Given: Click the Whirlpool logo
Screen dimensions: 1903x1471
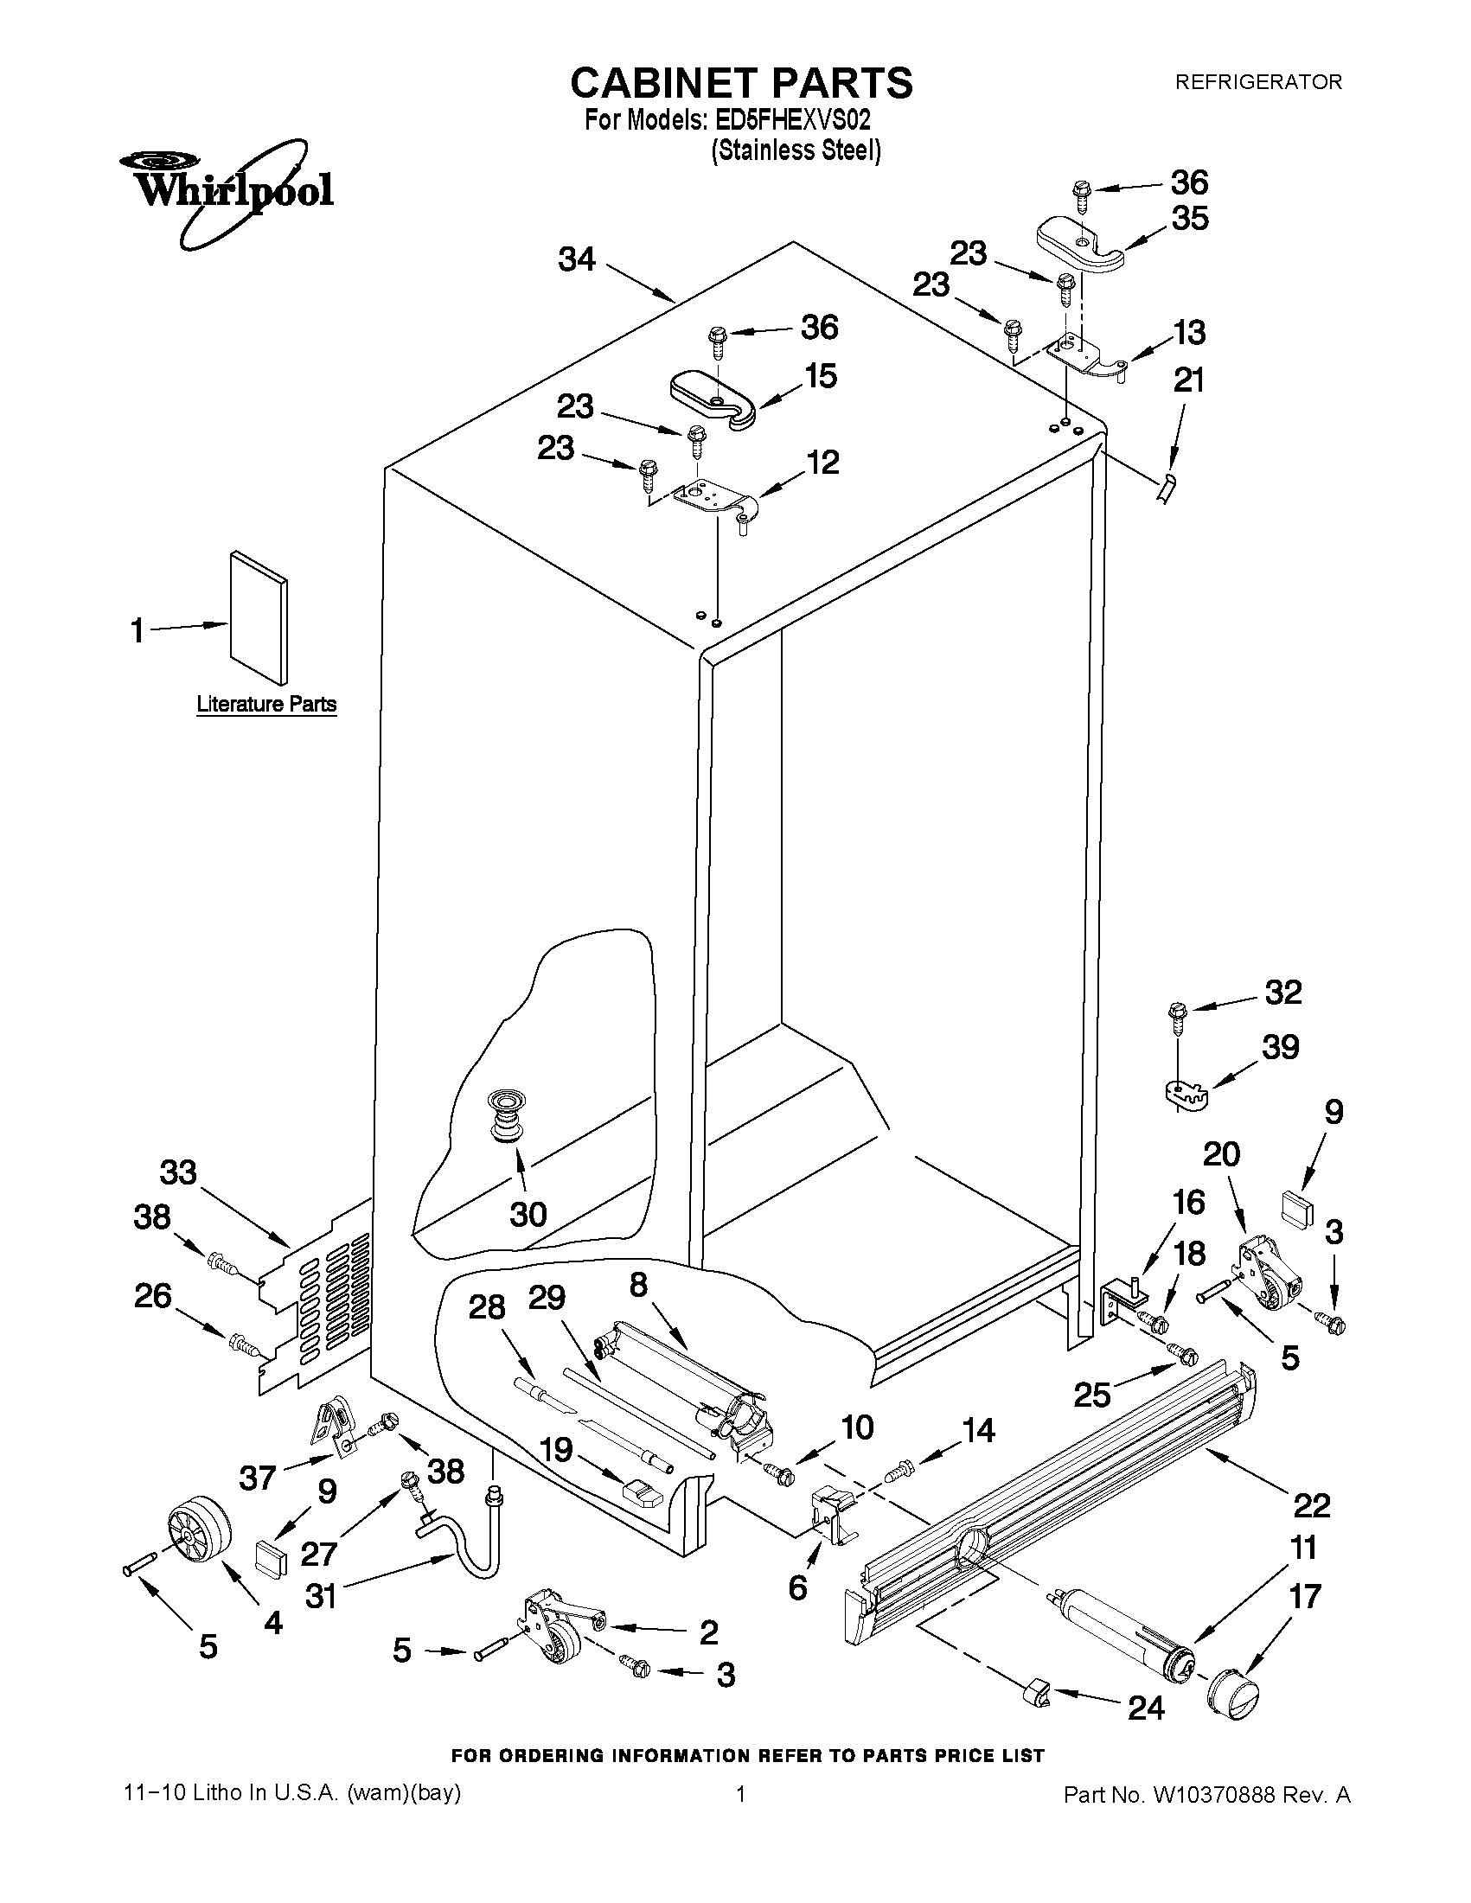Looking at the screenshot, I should tap(225, 189).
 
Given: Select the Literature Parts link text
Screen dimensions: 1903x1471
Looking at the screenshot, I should tap(265, 704).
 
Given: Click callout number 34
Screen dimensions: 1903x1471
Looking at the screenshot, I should tap(577, 259).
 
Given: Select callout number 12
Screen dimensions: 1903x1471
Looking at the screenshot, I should tap(822, 462).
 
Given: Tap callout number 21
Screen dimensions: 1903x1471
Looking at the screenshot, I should tap(1190, 380).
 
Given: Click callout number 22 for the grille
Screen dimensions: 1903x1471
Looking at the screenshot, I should tap(1312, 1504).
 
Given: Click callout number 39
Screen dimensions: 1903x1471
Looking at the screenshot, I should tap(1280, 1046).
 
